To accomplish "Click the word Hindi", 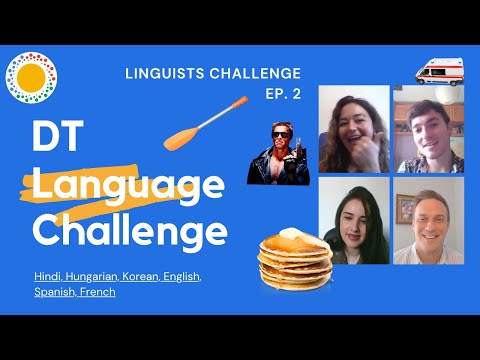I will [47, 275].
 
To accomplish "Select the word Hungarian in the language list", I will [92, 275].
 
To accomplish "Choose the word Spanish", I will [52, 292].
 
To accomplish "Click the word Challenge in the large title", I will [129, 232].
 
